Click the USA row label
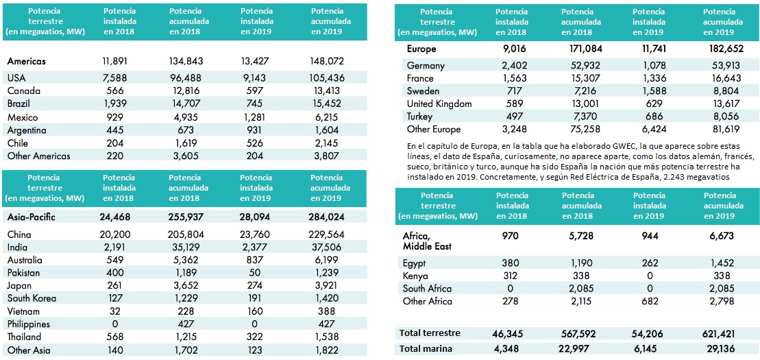pyautogui.click(x=16, y=78)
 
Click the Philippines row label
pyautogui.click(x=29, y=324)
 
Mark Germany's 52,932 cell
pyautogui.click(x=582, y=66)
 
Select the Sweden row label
pyautogui.click(x=423, y=91)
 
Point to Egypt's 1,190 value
pyautogui.click(x=582, y=263)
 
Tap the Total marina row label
pyautogui.click(x=428, y=349)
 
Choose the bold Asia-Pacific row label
pyautogui.click(x=32, y=217)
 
